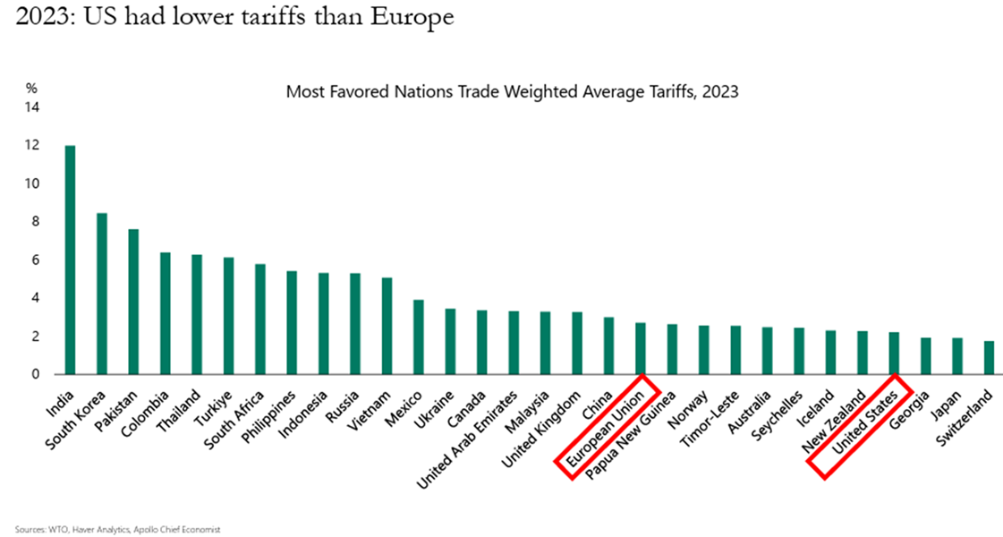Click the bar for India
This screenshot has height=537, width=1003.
coord(71,260)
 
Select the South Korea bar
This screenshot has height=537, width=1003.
coord(102,294)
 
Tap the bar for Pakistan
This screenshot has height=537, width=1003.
coord(133,303)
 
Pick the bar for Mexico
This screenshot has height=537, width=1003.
coord(419,337)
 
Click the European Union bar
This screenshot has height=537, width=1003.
coord(641,349)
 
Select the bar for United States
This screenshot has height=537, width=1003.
coord(894,354)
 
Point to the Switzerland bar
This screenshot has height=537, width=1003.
coord(989,358)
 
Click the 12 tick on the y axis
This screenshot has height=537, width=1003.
coord(32,146)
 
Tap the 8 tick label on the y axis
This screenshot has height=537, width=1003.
coord(35,222)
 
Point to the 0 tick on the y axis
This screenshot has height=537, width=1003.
coord(35,374)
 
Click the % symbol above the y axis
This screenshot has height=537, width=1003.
coord(31,89)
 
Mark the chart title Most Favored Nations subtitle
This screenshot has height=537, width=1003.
coord(513,91)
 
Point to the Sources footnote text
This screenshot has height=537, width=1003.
coord(118,529)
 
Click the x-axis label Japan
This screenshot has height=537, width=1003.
coord(946,405)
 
